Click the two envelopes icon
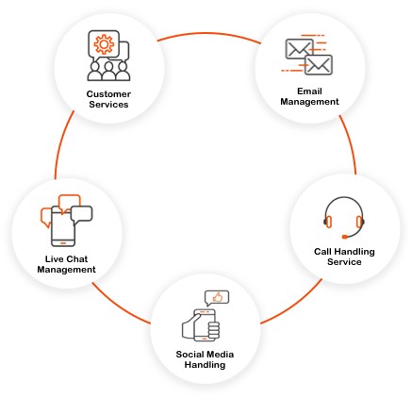308,58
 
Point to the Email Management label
309,96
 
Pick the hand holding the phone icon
200,324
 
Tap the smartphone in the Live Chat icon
62,226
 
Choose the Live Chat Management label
67,264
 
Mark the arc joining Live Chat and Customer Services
62,151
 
